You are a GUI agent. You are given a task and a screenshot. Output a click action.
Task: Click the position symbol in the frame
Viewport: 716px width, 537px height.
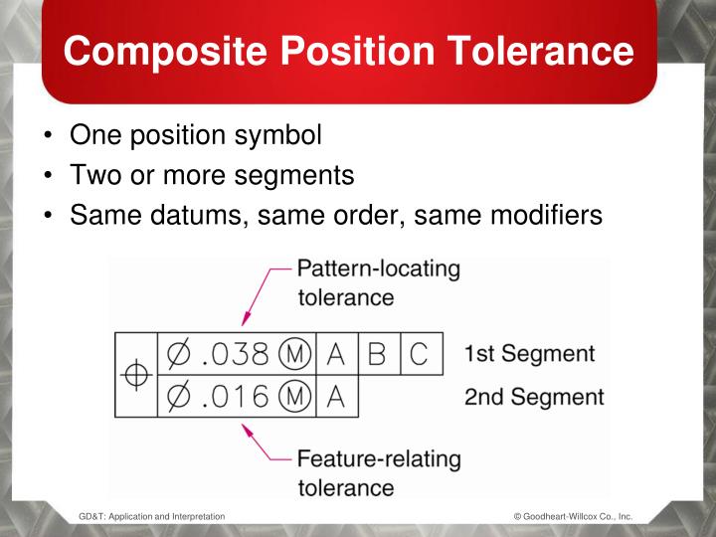point(135,374)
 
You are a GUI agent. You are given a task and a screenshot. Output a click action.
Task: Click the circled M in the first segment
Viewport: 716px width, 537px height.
point(295,354)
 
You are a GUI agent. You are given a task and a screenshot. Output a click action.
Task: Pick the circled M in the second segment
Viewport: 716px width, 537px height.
point(295,396)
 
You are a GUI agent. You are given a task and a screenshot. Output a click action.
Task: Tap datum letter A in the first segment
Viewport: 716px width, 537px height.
point(336,354)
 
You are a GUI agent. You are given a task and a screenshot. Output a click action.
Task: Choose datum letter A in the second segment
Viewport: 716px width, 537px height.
point(336,396)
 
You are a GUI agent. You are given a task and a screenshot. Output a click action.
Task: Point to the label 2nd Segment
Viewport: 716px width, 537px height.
point(533,397)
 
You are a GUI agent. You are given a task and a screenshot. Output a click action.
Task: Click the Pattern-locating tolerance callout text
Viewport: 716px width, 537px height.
point(379,281)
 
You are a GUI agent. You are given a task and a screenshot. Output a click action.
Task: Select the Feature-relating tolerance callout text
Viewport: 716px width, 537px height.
point(379,473)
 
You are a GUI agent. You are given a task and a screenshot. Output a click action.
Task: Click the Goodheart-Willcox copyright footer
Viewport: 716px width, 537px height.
point(573,517)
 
